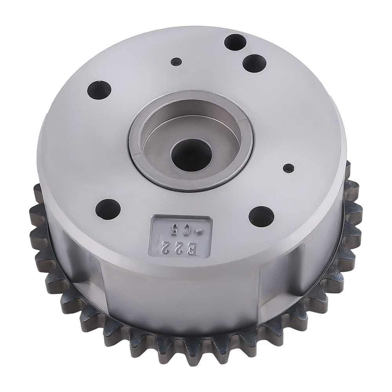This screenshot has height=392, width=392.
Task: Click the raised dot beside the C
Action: point(199,231)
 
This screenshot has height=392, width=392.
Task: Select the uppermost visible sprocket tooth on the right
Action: point(348,167)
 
